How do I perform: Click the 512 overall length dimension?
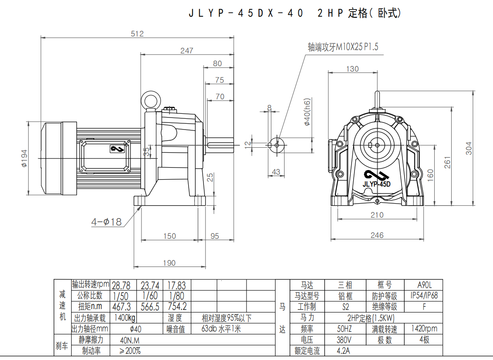point(137,34)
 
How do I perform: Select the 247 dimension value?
point(187,50)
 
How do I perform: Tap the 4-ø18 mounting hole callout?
point(107,222)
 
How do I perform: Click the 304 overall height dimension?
point(469,148)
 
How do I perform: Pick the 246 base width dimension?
point(377,235)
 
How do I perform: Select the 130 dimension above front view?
point(352,69)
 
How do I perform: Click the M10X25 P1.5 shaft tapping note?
point(343,47)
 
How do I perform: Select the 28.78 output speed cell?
point(121,286)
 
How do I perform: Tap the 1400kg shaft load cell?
point(125,318)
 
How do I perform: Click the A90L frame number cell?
point(424,285)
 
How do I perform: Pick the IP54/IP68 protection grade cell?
point(424,296)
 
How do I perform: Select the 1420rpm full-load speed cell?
point(424,329)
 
